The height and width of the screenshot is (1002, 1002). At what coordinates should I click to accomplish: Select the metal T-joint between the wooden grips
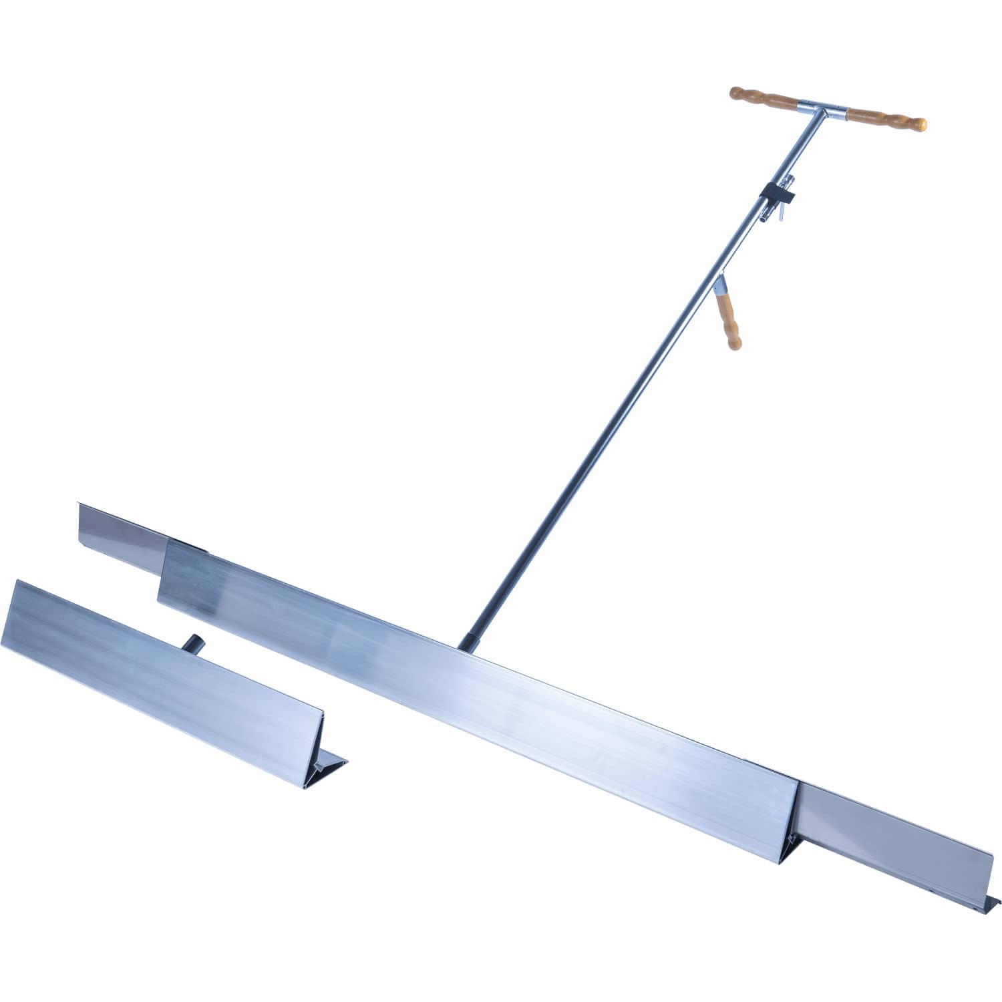pyautogui.click(x=822, y=109)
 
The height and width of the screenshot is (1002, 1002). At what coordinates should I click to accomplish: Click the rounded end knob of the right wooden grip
pyautogui.click(x=921, y=125)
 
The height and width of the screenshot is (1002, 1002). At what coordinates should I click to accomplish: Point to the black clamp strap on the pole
pyautogui.click(x=777, y=194)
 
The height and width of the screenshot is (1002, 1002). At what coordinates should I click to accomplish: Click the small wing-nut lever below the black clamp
pyautogui.click(x=779, y=212)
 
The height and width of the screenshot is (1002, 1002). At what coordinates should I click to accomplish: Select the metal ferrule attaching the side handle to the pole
pyautogui.click(x=719, y=287)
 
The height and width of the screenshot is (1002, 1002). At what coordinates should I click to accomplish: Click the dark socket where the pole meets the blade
pyautogui.click(x=469, y=642)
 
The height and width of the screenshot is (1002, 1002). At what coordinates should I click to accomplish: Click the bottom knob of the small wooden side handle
pyautogui.click(x=734, y=344)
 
